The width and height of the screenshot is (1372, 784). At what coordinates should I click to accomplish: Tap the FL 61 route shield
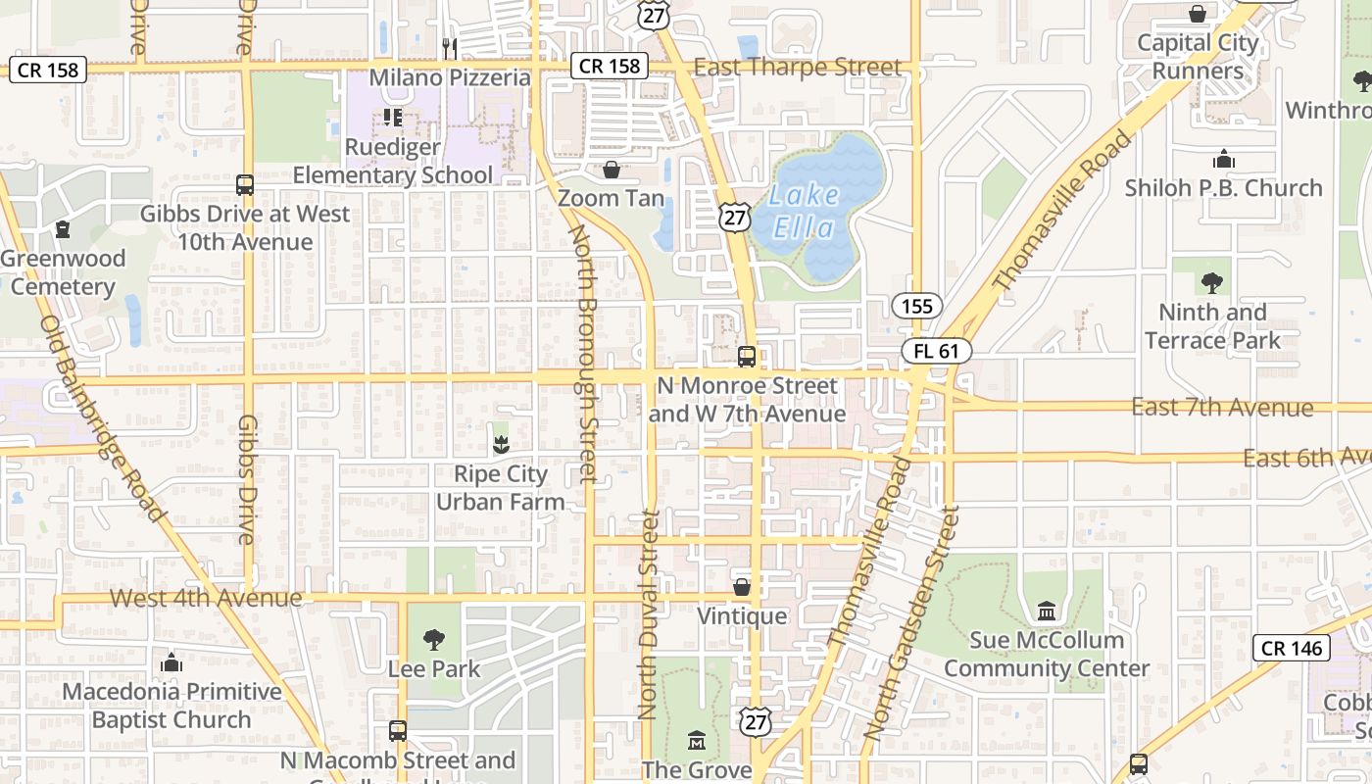tap(936, 351)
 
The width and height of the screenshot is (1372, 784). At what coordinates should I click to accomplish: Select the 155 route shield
tap(916, 306)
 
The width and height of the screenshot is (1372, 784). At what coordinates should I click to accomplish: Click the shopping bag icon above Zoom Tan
tap(612, 170)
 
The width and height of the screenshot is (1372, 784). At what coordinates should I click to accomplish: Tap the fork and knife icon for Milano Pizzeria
tap(450, 47)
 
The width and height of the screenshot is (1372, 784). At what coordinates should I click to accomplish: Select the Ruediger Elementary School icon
tap(393, 118)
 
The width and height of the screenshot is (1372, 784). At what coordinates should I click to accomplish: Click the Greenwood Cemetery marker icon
tap(64, 229)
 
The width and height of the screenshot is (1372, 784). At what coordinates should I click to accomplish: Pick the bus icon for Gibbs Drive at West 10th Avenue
tap(245, 184)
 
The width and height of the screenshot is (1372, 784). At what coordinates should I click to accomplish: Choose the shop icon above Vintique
tap(742, 587)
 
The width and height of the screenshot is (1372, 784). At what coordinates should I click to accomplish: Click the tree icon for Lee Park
tap(433, 640)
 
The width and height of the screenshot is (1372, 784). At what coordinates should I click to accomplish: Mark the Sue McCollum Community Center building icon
tap(1046, 611)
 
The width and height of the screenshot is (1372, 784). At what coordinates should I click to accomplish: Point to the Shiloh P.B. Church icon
tap(1223, 159)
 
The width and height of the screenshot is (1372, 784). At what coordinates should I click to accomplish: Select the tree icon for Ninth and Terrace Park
tap(1212, 283)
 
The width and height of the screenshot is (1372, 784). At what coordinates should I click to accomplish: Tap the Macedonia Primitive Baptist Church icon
tap(171, 662)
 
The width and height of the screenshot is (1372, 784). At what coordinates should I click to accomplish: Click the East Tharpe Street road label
tap(797, 67)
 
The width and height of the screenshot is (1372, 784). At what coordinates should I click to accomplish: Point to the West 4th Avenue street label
tap(206, 598)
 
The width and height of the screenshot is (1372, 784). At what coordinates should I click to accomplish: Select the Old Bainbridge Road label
tap(102, 418)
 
